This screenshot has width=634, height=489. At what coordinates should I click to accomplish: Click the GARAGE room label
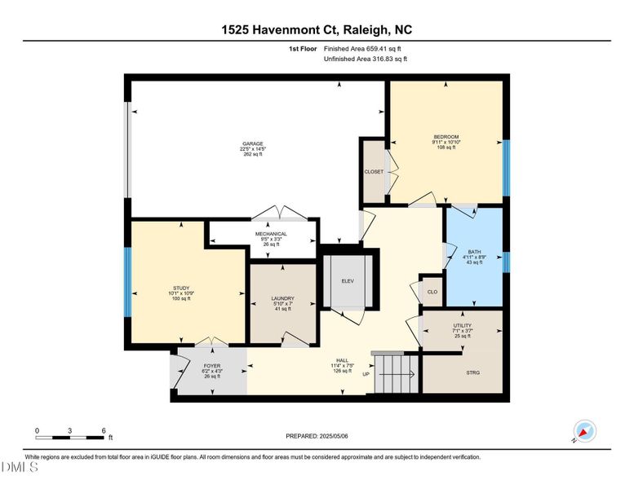click(x=252, y=143)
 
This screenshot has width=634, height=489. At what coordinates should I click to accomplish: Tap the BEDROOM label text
click(x=446, y=136)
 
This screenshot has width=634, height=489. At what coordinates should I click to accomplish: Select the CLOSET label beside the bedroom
click(x=374, y=172)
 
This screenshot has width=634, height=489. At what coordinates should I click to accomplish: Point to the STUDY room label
click(x=180, y=288)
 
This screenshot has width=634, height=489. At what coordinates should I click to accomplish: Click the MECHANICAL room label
click(x=271, y=234)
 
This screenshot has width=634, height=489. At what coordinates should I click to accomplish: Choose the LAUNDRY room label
click(x=282, y=298)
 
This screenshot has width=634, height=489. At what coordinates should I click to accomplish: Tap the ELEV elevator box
click(x=348, y=281)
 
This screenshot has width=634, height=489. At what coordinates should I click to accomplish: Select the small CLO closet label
click(x=432, y=292)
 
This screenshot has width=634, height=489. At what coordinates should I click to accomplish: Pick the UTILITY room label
click(x=462, y=325)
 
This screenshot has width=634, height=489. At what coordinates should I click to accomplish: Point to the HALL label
click(x=343, y=360)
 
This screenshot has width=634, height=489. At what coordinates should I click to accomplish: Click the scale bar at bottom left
click(x=70, y=438)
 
